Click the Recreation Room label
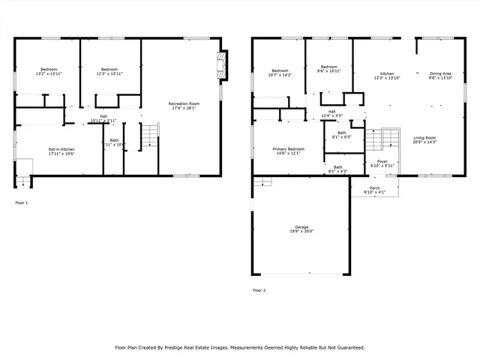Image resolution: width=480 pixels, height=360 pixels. tap(183, 103)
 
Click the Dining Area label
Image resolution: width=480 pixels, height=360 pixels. tap(440, 73)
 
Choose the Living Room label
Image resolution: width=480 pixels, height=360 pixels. tap(424, 137)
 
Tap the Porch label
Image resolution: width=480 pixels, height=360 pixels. tap(374, 188)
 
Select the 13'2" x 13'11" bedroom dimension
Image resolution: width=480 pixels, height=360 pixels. tap(47, 73)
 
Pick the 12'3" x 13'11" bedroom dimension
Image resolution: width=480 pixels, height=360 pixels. tap(109, 73)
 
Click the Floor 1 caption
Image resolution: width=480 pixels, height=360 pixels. tap(22, 202)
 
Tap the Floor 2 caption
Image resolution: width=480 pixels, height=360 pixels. tap(259, 289)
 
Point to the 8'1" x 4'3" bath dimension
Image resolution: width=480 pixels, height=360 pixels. tap(337, 171)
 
